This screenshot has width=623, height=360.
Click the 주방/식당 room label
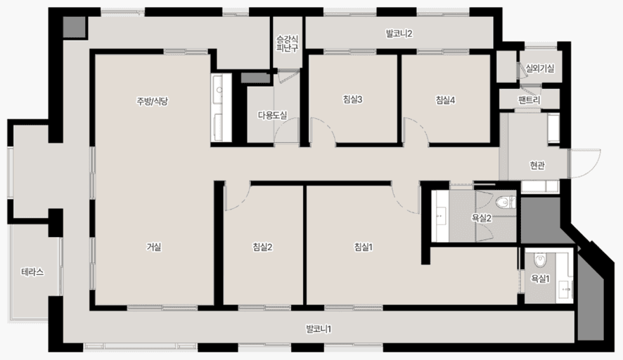(x=152, y=101)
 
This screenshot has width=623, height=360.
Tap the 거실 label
(x=154, y=247)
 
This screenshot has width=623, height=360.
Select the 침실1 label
(x=363, y=247)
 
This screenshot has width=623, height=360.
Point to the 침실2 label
(x=262, y=247)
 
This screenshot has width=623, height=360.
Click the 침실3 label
(x=352, y=99)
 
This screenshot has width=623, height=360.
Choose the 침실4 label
(x=445, y=100)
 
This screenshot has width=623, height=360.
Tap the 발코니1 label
(x=319, y=329)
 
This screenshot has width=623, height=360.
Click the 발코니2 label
(x=399, y=33)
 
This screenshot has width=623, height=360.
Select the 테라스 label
(x=32, y=272)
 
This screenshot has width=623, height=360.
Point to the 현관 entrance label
(x=537, y=165)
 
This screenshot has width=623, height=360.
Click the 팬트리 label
(x=529, y=100)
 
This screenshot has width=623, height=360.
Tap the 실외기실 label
(x=539, y=68)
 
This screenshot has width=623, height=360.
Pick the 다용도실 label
(x=272, y=115)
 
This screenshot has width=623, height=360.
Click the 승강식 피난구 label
(x=288, y=44)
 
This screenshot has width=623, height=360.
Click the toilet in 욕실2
(x=506, y=202)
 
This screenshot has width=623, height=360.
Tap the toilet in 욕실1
(x=539, y=260)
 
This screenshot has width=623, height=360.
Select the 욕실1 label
(x=540, y=279)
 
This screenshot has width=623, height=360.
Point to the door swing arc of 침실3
(x=327, y=125)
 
